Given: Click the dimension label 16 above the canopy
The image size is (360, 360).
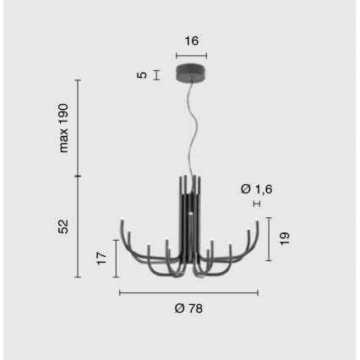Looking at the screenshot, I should point(192,40).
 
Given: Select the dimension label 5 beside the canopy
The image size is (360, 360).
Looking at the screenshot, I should point(142,74).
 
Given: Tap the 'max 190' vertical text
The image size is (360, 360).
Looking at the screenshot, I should point(63,128).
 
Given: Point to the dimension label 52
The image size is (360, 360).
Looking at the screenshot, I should point(63,226).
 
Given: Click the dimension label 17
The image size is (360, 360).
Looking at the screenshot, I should point(102,259).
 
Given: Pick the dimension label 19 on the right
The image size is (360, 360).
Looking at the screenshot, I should point(285,239).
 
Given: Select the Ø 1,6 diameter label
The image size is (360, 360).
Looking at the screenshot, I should point(257,189).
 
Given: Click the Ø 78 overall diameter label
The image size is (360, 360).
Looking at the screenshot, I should point(188,308).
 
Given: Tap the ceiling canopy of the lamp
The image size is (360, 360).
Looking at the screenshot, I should point(192,73).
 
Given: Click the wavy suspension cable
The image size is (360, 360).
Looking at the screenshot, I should point(196,127).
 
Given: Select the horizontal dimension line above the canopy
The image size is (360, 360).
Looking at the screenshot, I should point(192,54).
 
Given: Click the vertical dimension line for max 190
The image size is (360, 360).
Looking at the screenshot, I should point(78,128).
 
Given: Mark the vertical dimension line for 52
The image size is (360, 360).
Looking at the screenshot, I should point(78,226).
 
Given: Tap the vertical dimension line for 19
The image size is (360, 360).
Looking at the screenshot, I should point(269,239).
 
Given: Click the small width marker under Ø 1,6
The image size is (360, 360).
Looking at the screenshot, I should point(256,204).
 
